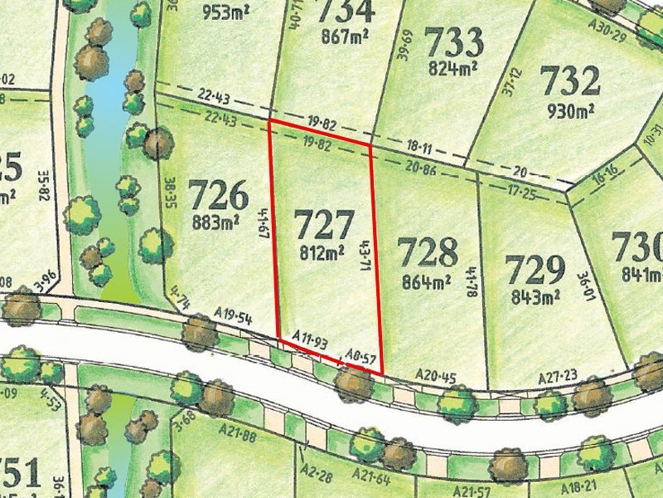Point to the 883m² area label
(216, 222)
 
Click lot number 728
(427, 251)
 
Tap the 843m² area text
(533, 295)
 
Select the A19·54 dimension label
(232, 315)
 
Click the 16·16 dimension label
(605, 179)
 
